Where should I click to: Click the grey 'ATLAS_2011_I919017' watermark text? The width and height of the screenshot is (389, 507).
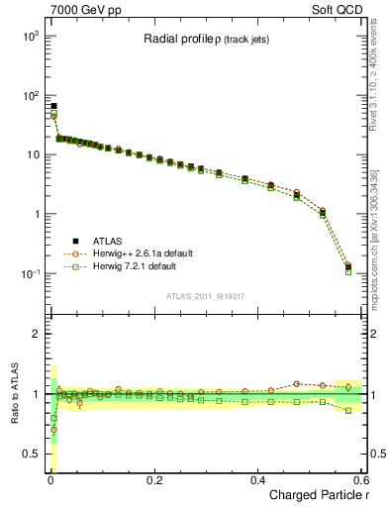click(x=206, y=295)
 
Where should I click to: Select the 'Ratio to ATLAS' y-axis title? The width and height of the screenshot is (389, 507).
click(x=12, y=393)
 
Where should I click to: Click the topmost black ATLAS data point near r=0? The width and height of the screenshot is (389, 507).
click(x=53, y=106)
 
